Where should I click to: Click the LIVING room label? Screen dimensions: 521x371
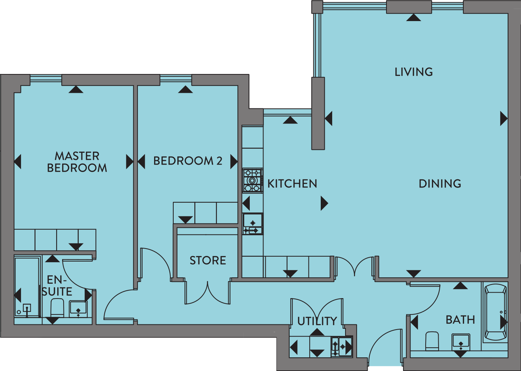[x=413, y=72]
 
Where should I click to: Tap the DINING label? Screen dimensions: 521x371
[x=440, y=183]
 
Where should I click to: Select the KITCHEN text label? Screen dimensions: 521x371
[x=292, y=183]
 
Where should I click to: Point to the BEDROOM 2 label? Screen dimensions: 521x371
[x=188, y=161]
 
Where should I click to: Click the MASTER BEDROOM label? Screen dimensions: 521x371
[x=77, y=162]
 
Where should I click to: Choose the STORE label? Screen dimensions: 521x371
[x=208, y=260]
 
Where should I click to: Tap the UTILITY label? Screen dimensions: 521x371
[x=317, y=321]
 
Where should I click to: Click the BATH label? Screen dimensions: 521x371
[x=460, y=320]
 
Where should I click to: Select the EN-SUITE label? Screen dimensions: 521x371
[x=57, y=286]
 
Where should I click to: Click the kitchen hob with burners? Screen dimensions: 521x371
[x=253, y=181]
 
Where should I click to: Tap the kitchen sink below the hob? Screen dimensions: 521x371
[x=253, y=223]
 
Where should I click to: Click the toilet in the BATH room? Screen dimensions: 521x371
[x=432, y=341]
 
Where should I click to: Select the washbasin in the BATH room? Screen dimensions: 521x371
[x=461, y=342]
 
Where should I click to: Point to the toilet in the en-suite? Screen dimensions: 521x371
[x=57, y=308]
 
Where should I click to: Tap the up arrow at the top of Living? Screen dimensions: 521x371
[x=413, y=17]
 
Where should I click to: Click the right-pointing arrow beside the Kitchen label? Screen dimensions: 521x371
[x=324, y=203]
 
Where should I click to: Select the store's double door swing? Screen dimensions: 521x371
[x=207, y=293]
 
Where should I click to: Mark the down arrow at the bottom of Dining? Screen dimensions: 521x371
[x=413, y=274]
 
